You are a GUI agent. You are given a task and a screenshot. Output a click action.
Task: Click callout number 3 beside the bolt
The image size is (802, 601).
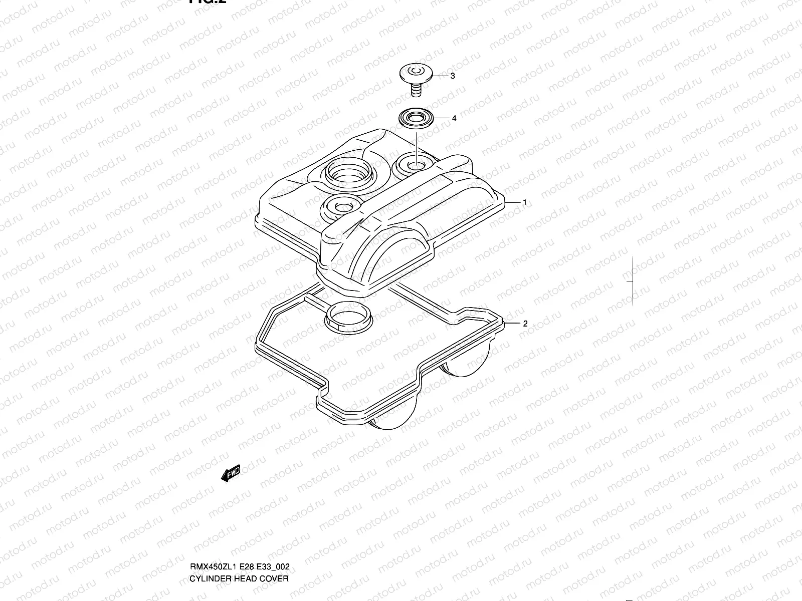tap(452, 76)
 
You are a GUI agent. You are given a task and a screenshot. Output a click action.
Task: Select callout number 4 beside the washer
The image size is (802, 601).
tap(454, 119)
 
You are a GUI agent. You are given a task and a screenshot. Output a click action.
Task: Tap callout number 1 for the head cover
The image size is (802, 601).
tap(524, 202)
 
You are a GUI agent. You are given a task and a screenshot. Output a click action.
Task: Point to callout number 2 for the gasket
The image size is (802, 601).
tap(525, 324)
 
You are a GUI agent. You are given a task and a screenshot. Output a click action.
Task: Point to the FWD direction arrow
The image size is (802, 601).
tap(231, 473)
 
